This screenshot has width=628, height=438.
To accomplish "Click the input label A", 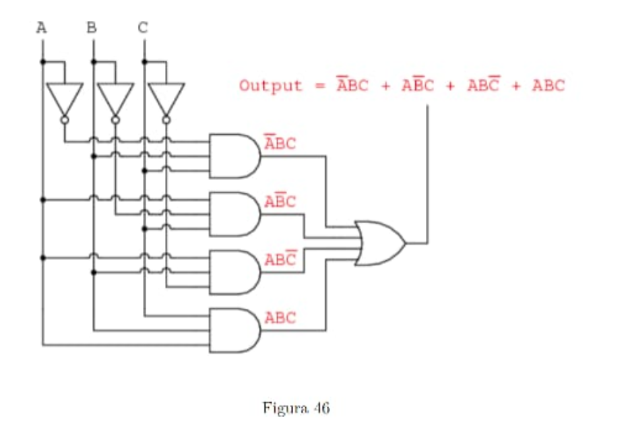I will pyautogui.click(x=42, y=28).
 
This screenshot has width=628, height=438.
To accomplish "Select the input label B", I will pyautogui.click(x=92, y=28).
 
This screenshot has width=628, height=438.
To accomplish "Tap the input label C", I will pyautogui.click(x=144, y=28).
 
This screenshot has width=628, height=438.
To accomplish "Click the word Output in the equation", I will pyautogui.click(x=271, y=86).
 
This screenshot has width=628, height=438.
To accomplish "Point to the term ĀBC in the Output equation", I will pyautogui.click(x=352, y=86).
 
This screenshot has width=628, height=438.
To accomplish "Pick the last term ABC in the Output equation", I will pyautogui.click(x=548, y=86).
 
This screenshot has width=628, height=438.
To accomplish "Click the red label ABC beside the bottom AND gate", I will pyautogui.click(x=280, y=317).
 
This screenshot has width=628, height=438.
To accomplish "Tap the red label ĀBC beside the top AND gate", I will pyautogui.click(x=280, y=144).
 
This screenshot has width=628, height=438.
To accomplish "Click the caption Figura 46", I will pyautogui.click(x=296, y=408).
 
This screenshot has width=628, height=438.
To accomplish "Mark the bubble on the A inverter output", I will pyautogui.click(x=65, y=120).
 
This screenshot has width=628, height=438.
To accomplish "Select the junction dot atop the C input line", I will pyautogui.click(x=144, y=62).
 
